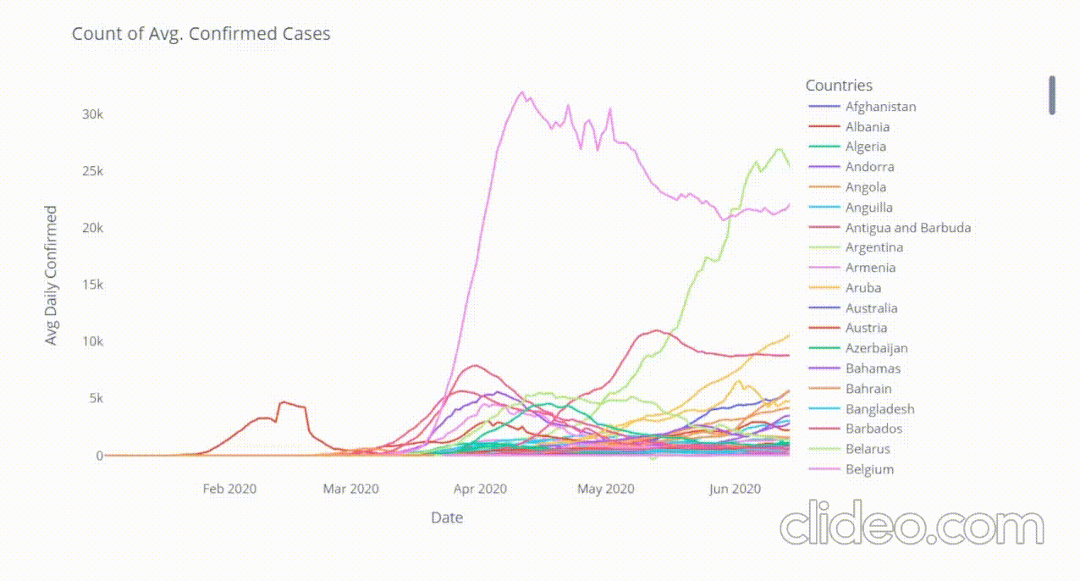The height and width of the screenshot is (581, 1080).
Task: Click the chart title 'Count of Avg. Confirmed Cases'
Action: coord(201,34)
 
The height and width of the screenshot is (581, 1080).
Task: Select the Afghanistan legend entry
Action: coord(880,107)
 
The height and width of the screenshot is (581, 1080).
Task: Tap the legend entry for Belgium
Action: coord(869,469)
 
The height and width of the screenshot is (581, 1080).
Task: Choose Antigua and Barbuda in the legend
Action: coord(907,228)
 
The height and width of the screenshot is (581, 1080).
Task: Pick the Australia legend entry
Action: coord(871,308)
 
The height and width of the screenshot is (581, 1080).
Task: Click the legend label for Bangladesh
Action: coord(879,409)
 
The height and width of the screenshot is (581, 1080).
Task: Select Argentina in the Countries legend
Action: coord(873,248)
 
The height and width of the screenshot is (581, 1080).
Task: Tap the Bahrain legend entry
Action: coord(868,389)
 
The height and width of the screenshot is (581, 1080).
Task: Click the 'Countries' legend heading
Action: coord(839,86)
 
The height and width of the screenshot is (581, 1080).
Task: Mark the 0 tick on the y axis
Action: coord(99,456)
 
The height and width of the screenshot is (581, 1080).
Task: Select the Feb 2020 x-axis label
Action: coord(229,489)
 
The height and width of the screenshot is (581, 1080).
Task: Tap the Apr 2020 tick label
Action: coord(480,489)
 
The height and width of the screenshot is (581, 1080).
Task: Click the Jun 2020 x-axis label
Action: coord(734,489)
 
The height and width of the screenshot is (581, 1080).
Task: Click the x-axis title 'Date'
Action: coord(446,517)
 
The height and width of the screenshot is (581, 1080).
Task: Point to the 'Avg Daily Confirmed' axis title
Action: coord(52,274)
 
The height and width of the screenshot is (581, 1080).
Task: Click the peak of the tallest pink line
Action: coord(521,92)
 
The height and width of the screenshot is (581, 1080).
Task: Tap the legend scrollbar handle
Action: coord(1052,95)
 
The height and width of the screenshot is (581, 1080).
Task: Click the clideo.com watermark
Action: coord(912,527)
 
